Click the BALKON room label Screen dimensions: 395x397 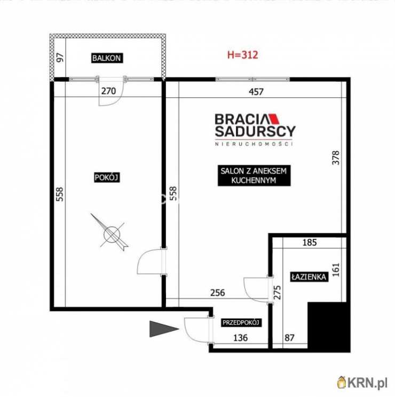(107, 58)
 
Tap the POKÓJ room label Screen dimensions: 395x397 (107, 177)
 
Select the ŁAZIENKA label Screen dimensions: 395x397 (309, 277)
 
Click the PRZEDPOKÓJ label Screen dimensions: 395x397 (241, 322)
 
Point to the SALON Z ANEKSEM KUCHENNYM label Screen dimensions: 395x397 (254, 175)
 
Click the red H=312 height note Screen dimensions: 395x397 (242, 55)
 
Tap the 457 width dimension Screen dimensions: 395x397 (256, 92)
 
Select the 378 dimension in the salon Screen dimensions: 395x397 (336, 158)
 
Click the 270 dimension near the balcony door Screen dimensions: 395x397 (108, 91)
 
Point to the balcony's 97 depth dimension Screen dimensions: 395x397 (60, 58)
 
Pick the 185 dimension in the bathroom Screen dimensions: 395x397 (310, 242)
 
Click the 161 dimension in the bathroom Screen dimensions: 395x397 (336, 270)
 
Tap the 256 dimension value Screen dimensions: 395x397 (217, 293)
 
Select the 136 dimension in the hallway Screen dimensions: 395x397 (240, 337)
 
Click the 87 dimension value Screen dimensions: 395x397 (289, 337)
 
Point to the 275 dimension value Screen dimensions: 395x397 (278, 293)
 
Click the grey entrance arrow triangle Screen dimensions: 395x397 (164, 329)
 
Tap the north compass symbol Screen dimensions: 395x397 (111, 233)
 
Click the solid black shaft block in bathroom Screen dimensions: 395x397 (329, 326)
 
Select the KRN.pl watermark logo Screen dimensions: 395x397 (362, 382)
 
